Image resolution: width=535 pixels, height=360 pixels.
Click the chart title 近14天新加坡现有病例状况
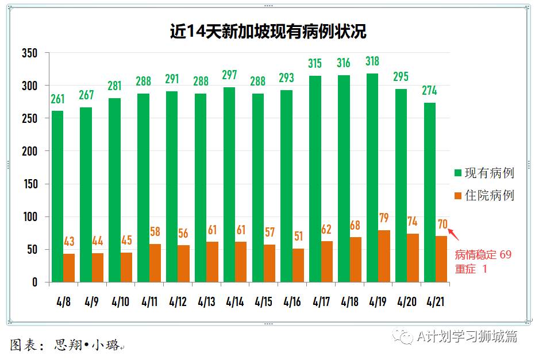[268, 31]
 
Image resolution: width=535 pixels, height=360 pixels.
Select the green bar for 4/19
[372, 177]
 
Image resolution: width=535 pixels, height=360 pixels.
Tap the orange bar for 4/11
[155, 263]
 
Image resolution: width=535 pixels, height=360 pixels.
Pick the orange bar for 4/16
[298, 265]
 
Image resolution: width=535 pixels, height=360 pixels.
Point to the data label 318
[372, 62]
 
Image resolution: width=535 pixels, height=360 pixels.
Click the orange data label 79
[384, 219]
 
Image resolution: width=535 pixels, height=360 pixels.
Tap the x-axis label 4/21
[434, 301]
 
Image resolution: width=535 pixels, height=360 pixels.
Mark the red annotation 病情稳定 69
[483, 254]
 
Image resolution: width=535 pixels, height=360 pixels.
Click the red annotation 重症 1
[471, 269]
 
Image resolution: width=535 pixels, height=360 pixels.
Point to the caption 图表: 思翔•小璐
[66, 344]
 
